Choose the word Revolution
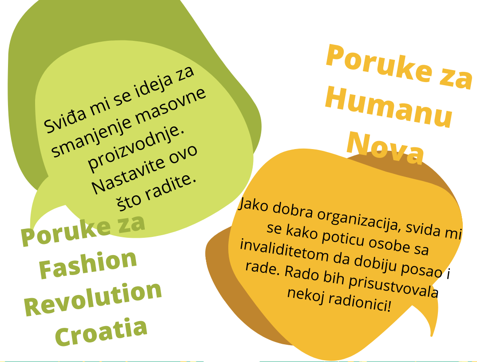[93, 299]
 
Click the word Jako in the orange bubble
[253, 205]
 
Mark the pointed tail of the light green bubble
[31, 226]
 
